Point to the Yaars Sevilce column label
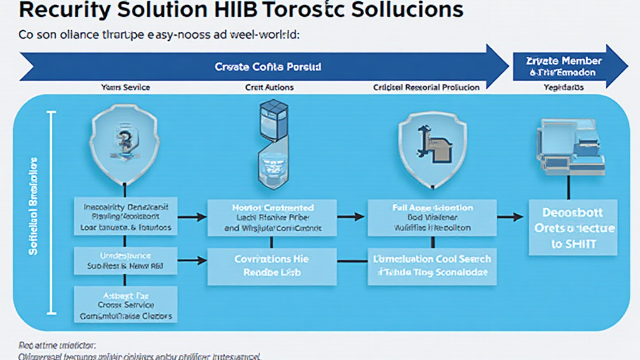(x=125, y=87)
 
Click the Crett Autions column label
(x=269, y=87)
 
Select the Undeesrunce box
(x=125, y=261)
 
